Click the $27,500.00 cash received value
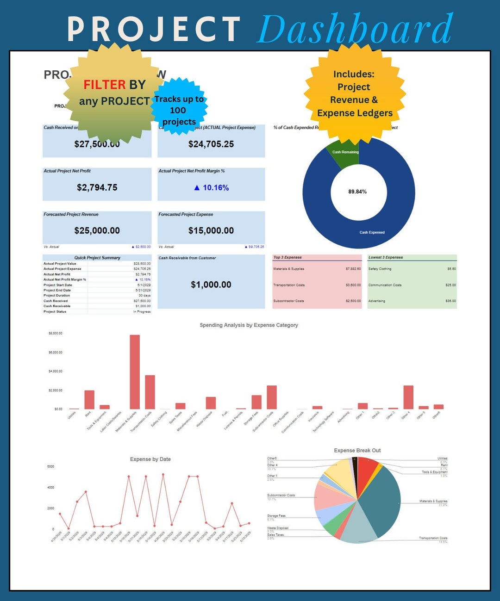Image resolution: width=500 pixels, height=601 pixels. pos(97,144)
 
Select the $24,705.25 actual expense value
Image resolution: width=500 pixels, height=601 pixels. pos(211,144)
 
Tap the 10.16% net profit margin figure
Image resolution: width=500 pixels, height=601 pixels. pos(212,188)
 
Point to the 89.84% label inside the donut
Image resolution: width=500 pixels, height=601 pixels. pos(357,192)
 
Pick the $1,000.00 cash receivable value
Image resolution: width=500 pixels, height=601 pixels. pos(211,285)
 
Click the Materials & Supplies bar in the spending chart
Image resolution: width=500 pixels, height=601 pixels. pos(135,372)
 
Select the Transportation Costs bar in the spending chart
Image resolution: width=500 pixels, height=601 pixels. pos(150,392)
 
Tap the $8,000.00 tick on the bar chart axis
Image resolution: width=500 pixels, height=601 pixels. pos(55,333)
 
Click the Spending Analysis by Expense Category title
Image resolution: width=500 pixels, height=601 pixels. pos(249,325)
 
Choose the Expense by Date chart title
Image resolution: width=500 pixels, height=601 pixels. pos(150,459)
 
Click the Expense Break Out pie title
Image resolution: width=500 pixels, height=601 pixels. pos(357,450)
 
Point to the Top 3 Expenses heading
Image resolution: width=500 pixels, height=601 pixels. pos(287,257)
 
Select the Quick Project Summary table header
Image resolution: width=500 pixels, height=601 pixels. pos(97,258)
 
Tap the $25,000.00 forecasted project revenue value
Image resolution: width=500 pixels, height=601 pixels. pos(97,231)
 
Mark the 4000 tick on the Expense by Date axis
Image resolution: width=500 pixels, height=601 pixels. pos(51,487)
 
